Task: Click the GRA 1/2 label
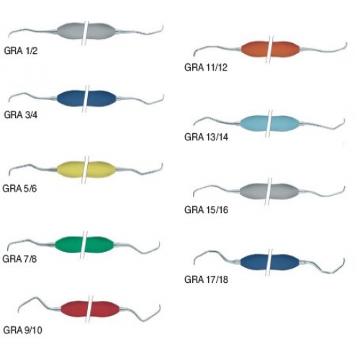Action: point(21,51)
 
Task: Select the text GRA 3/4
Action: point(21,115)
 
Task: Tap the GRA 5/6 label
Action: point(19,189)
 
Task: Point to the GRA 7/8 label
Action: point(19,259)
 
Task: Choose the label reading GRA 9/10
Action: point(23,330)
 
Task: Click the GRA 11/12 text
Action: point(206,68)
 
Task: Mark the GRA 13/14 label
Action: point(206,137)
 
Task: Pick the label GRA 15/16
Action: point(206,210)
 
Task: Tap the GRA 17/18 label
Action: point(206,279)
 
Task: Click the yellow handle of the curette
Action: point(86,169)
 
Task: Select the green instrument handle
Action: point(84,245)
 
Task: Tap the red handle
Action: point(90,308)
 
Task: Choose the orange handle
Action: point(270,50)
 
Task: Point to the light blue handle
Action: point(270,123)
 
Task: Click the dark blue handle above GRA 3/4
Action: point(86,99)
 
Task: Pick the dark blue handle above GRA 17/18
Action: point(270,262)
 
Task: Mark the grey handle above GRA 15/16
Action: point(269,192)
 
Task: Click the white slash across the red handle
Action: point(90,309)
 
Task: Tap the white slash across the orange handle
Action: point(270,50)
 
